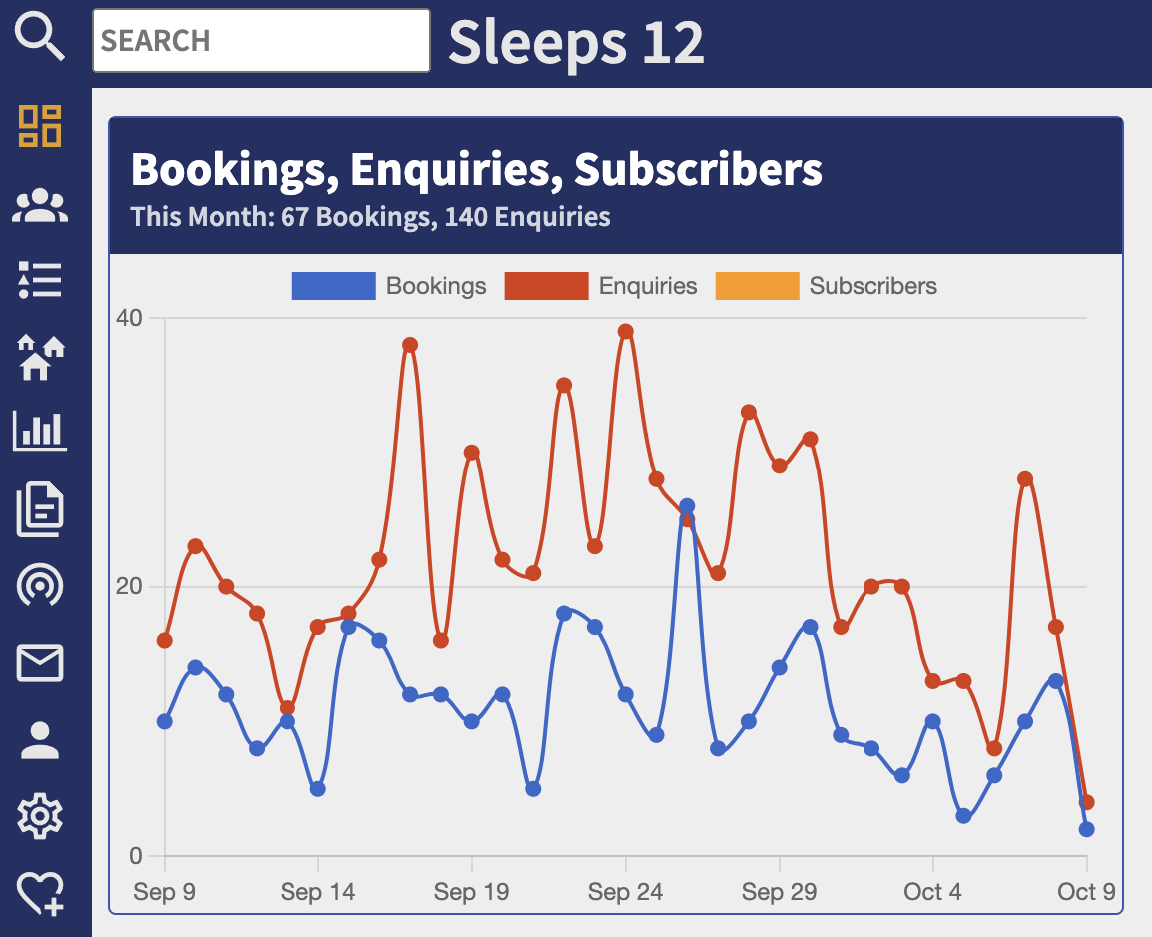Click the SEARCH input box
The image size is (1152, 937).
coord(261,41)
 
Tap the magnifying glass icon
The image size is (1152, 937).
coord(41,39)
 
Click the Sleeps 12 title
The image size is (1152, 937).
coord(576,42)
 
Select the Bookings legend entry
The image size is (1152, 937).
coord(389,286)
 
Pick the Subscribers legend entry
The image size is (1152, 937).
coord(827,286)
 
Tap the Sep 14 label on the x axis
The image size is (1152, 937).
coord(317,892)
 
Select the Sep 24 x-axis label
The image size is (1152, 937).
coord(625,892)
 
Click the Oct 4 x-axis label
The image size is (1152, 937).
coord(932,892)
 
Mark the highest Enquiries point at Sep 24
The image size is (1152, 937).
coord(626,332)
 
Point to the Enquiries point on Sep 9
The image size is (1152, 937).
coord(165,640)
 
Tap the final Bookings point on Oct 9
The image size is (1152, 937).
coord(1086,829)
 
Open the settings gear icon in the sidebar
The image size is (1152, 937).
coord(41,817)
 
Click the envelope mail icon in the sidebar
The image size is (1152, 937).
coord(41,663)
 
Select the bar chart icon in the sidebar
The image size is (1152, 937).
coord(41,431)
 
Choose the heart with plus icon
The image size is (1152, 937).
coord(41,892)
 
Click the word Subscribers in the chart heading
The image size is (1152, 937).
coord(698,170)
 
